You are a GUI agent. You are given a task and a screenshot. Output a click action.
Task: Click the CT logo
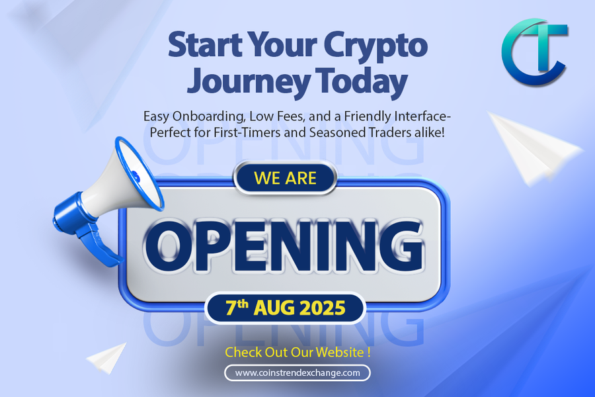[535, 52]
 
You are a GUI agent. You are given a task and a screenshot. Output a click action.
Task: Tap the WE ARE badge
[286, 178]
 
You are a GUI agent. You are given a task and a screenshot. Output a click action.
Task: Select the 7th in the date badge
[237, 307]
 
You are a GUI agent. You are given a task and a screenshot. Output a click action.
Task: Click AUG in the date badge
[274, 308]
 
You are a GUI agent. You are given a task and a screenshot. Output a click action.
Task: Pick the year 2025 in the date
[323, 308]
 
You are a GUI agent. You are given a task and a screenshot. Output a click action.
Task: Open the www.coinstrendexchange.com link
[297, 373]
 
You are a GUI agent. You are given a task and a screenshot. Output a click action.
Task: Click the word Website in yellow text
[340, 352]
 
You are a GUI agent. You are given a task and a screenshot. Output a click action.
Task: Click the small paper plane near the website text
[106, 358]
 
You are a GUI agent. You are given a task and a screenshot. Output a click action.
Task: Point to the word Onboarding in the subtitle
[209, 116]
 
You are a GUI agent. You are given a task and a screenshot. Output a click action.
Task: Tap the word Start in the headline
[206, 45]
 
